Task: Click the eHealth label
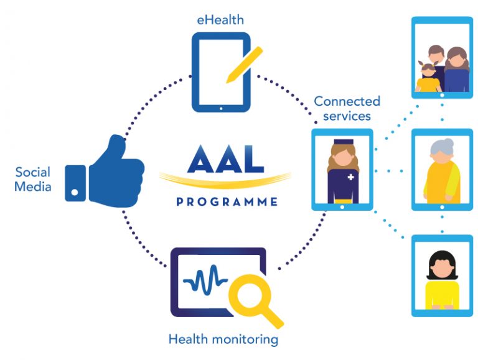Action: click(216, 21)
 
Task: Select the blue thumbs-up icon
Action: click(105, 168)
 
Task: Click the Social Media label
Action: click(33, 178)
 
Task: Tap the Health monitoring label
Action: click(223, 339)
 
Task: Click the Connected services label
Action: click(346, 108)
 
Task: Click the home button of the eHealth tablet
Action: click(220, 107)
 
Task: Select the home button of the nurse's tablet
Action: click(342, 210)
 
